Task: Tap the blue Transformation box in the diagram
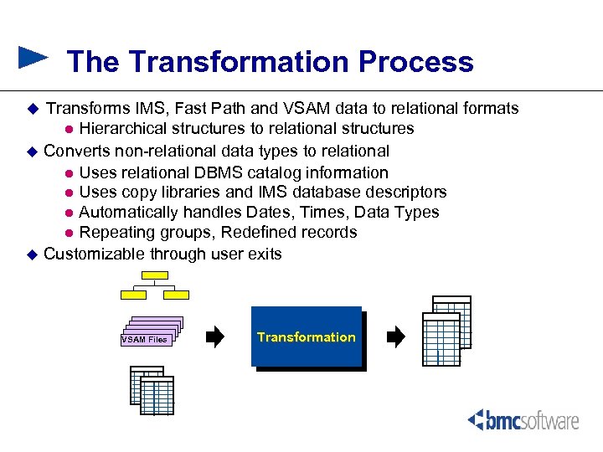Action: click(307, 336)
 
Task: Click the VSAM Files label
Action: click(145, 339)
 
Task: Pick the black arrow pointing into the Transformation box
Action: click(215, 337)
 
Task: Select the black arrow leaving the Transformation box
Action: click(395, 337)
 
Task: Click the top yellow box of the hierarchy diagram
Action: click(155, 276)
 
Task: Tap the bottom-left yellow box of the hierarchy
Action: click(134, 295)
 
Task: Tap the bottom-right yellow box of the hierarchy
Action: click(176, 295)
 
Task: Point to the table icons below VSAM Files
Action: click(152, 391)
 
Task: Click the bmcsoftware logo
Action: click(523, 420)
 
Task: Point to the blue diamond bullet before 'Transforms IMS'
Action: click(33, 109)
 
